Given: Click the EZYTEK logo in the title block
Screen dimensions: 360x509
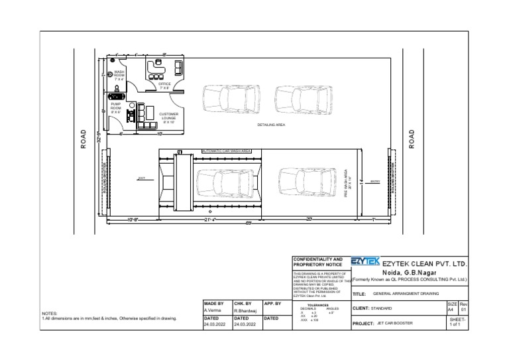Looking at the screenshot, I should [365, 263].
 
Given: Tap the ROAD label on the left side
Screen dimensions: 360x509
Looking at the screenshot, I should [84, 139].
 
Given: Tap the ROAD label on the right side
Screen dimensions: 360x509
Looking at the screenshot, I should [412, 139].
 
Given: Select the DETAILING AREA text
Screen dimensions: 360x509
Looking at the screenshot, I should [271, 125].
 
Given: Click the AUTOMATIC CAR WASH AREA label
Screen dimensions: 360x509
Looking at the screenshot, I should [227, 150].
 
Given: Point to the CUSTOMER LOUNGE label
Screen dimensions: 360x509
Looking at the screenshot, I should [168, 118].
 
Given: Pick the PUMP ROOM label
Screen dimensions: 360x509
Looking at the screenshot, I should [116, 107].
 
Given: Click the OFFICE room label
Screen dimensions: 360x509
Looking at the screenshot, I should [164, 86].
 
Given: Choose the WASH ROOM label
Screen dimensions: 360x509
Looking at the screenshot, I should [119, 75].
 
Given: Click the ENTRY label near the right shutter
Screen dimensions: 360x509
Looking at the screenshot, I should [374, 180].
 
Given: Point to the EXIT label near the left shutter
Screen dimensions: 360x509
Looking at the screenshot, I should [141, 178].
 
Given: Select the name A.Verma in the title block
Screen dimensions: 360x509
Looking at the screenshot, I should [212, 310].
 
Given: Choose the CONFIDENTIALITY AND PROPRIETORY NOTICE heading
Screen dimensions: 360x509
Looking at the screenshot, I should [317, 262].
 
